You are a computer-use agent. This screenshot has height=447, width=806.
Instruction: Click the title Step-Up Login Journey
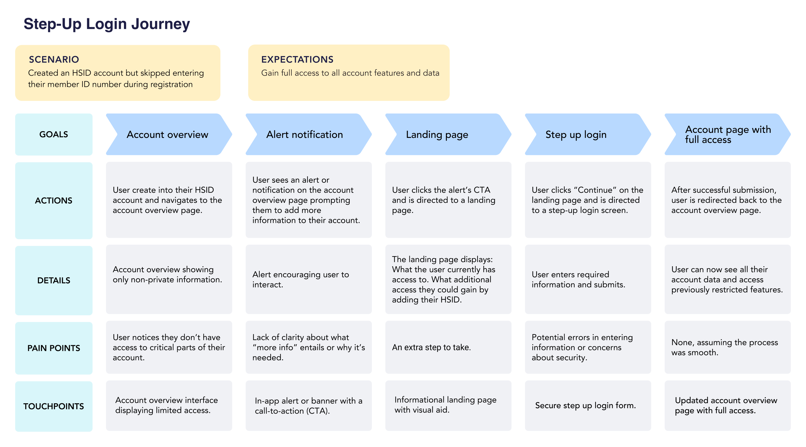point(107,24)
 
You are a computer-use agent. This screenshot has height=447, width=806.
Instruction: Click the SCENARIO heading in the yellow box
point(54,59)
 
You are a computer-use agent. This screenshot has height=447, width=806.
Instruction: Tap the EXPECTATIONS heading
point(297,59)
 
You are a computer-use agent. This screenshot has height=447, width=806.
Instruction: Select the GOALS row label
point(54,135)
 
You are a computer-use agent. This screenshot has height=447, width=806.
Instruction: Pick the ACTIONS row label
point(54,200)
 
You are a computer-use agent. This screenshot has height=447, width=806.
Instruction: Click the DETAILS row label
point(54,280)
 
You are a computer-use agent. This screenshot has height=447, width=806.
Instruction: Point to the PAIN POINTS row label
point(54,348)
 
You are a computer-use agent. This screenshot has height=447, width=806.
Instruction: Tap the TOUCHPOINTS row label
point(54,406)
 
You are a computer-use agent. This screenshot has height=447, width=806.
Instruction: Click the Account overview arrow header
point(167,135)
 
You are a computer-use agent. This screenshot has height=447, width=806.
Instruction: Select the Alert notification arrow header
point(305,135)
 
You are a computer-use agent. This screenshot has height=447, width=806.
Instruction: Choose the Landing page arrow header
point(437,135)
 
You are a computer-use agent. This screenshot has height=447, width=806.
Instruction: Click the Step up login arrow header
point(576,135)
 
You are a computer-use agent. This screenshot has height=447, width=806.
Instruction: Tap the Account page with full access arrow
point(728,135)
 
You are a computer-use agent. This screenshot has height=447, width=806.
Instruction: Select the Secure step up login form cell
point(585,406)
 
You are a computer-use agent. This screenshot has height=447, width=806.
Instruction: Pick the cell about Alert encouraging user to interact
point(300,279)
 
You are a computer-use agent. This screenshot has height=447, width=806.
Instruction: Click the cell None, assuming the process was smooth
point(724,347)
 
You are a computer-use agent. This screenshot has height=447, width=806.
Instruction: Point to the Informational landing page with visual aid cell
point(445,405)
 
